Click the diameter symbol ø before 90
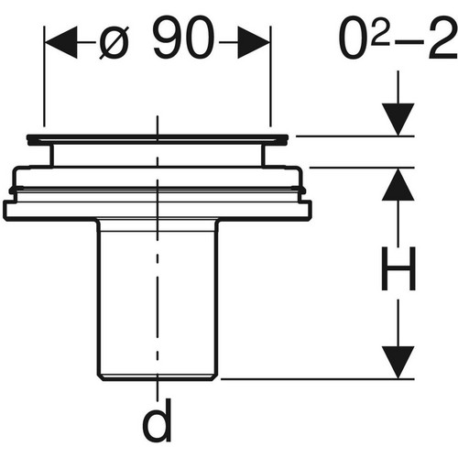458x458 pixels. point(114,42)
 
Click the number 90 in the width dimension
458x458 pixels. point(183,37)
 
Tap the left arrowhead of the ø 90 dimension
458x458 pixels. point(61,42)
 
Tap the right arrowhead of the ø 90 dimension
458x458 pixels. point(254,42)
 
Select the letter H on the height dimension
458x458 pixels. point(398,268)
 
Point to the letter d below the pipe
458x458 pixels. point(157,420)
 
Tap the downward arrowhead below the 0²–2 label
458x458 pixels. point(398,119)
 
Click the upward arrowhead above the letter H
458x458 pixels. point(398,184)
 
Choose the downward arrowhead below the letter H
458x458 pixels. point(398,362)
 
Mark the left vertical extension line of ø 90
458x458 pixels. point(45,76)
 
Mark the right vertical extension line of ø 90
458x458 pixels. point(270,76)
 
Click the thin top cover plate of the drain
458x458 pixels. point(158,139)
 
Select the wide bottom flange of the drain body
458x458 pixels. point(158,210)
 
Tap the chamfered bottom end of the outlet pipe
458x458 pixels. point(158,378)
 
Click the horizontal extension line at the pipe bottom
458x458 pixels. point(318,379)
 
